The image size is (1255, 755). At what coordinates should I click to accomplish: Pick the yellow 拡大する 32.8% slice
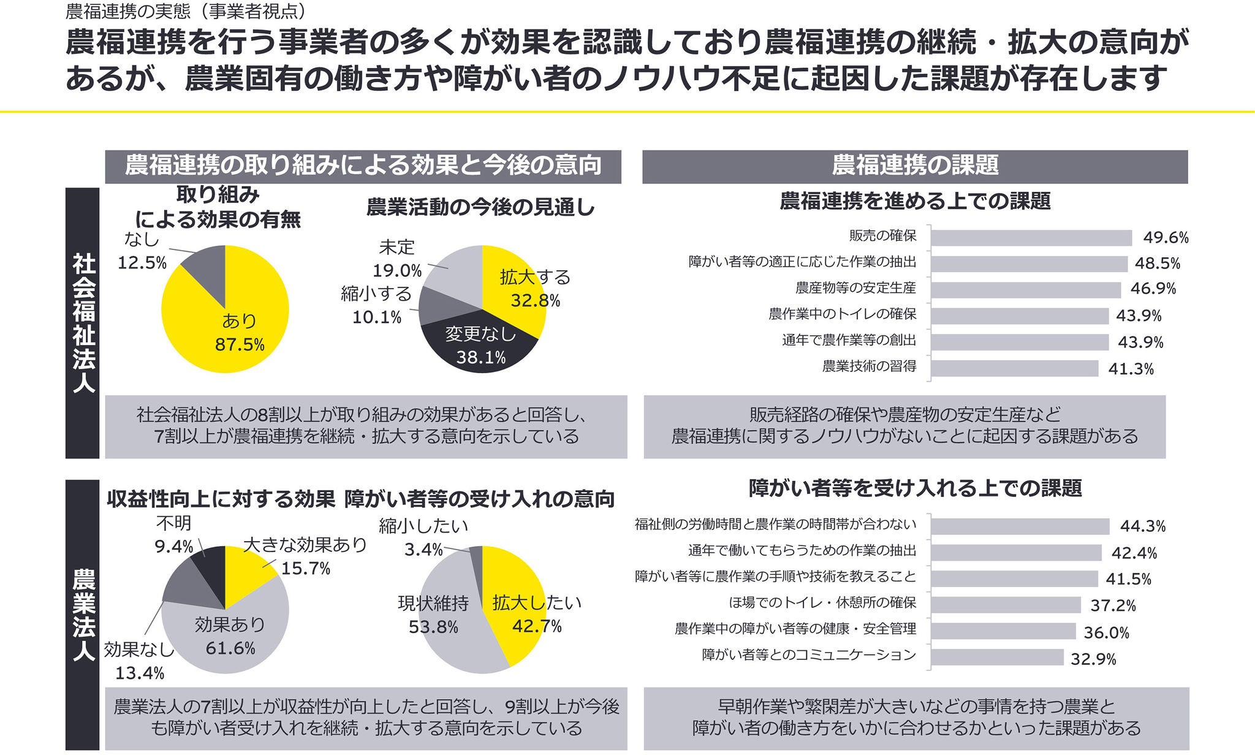515,288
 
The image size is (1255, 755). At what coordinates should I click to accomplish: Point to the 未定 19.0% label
398,258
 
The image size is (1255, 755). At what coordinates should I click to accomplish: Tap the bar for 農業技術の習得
1014,368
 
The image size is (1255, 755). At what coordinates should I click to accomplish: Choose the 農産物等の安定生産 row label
855,288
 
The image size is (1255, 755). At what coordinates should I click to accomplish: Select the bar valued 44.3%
1020,526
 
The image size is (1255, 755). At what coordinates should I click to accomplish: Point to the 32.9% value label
1093,659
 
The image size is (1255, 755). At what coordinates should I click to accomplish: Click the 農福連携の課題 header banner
915,166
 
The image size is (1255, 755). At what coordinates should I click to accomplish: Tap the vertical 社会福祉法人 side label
83,323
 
